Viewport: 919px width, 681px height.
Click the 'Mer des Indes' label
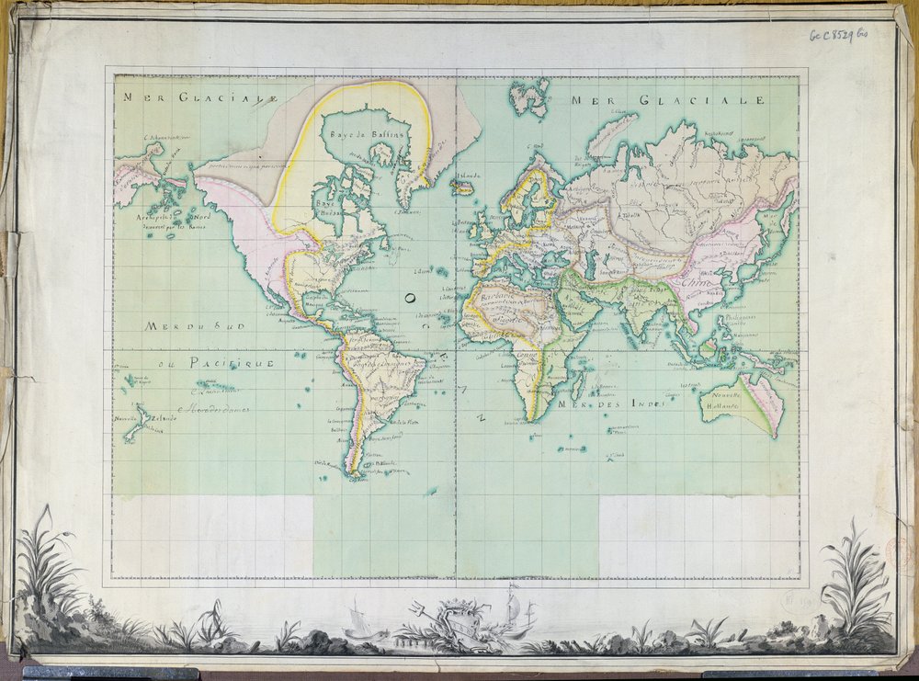(x=614, y=405)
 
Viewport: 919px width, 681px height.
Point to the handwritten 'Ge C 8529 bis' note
(x=837, y=35)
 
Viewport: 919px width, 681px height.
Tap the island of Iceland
(x=462, y=187)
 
